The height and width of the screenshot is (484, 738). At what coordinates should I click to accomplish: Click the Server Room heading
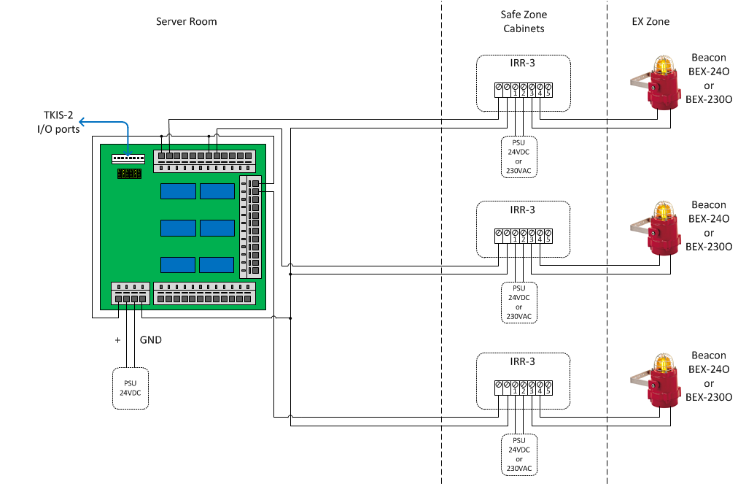click(x=187, y=22)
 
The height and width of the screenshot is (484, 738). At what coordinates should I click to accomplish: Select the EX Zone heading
click(x=650, y=22)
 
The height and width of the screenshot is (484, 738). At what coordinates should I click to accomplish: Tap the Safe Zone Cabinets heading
click(x=524, y=22)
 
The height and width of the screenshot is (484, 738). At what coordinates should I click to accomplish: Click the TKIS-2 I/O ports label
click(x=58, y=123)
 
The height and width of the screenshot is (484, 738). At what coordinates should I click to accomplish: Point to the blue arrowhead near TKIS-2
click(x=82, y=121)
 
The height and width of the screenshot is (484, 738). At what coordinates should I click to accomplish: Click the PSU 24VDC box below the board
click(x=131, y=388)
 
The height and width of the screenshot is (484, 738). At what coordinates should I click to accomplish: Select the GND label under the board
click(x=150, y=340)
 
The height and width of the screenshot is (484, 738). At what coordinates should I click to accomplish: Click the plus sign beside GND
click(x=117, y=340)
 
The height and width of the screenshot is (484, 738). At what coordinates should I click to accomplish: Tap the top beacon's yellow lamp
click(x=664, y=64)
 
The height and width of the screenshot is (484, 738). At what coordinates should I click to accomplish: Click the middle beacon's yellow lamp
click(x=664, y=212)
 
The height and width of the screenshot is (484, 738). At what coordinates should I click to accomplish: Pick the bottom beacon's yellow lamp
click(x=664, y=361)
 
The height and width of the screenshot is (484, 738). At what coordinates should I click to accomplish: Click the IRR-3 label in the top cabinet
click(x=522, y=64)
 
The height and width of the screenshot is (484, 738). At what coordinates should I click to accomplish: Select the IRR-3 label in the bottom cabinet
click(x=522, y=361)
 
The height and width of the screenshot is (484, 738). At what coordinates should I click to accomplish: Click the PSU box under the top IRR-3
click(x=519, y=155)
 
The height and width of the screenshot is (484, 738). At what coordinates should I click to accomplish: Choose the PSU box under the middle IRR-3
click(x=519, y=302)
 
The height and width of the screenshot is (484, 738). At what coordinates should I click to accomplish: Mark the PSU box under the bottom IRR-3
click(x=519, y=455)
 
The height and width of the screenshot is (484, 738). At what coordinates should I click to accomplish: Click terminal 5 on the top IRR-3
click(x=547, y=89)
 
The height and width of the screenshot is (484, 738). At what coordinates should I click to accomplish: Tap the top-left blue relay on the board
click(x=178, y=191)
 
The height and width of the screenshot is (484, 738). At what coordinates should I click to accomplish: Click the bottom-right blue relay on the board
click(x=217, y=265)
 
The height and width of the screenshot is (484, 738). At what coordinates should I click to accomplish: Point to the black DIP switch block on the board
click(x=129, y=174)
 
